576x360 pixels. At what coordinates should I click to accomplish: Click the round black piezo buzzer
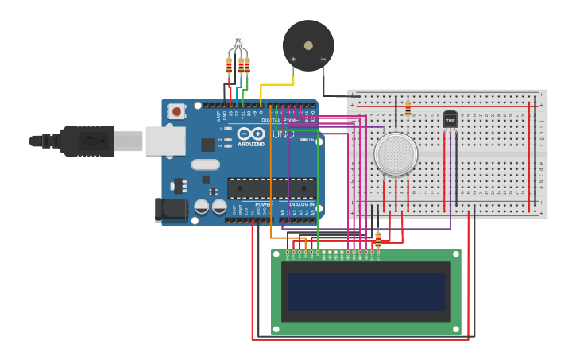[x=308, y=45]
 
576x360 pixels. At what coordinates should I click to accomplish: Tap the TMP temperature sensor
[x=450, y=119]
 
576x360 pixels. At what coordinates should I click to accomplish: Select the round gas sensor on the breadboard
[x=396, y=154]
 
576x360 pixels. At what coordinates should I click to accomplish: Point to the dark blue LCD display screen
[x=366, y=292]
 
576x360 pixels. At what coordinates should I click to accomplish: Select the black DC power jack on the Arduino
[x=170, y=209]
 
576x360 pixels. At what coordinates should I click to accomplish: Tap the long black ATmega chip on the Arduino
[x=271, y=188]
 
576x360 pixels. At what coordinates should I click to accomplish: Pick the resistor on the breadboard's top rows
[x=408, y=109]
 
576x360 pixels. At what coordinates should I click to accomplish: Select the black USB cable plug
[x=87, y=141]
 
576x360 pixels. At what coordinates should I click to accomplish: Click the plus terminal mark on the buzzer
[x=293, y=59]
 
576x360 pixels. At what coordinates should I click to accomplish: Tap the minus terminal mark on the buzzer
[x=323, y=59]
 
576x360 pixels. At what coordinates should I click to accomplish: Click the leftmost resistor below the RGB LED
[x=229, y=66]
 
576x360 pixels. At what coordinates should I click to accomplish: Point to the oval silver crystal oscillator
[x=204, y=165]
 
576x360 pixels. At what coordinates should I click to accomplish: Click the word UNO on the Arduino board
[x=283, y=134]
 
